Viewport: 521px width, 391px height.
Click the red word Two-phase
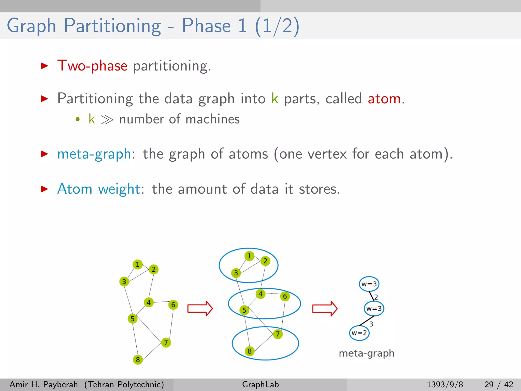[x=92, y=66]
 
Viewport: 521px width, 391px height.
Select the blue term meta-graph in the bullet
[x=94, y=154]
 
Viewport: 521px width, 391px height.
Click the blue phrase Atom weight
[x=99, y=189]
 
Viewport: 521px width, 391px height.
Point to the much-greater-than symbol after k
[x=107, y=119]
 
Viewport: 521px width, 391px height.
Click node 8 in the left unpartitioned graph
[x=138, y=359]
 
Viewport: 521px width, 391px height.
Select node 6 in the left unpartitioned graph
[x=173, y=305]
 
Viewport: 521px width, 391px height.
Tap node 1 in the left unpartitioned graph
[x=138, y=264]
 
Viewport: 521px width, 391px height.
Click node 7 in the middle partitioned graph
[x=278, y=334]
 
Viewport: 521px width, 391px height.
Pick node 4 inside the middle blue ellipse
[x=260, y=294]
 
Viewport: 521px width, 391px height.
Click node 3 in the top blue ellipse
[x=236, y=273]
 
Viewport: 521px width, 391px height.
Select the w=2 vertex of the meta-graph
[x=359, y=333]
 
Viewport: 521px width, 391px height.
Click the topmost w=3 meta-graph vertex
[x=369, y=284]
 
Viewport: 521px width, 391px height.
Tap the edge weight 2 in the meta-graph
[x=376, y=297]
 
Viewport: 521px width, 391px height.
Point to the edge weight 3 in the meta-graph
[x=371, y=324]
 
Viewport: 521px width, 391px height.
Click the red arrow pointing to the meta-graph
[x=325, y=309]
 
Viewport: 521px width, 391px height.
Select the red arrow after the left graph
[x=200, y=309]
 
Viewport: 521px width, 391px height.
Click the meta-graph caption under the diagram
[x=367, y=353]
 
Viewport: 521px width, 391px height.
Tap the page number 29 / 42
[x=499, y=384]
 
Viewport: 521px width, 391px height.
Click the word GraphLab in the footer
[x=260, y=384]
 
